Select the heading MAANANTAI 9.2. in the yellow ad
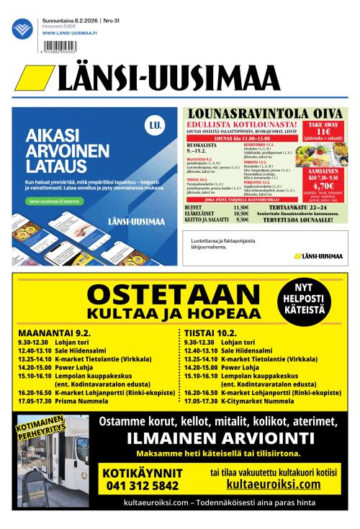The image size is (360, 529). coord(54,333)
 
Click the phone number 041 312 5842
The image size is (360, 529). coord(141,486)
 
